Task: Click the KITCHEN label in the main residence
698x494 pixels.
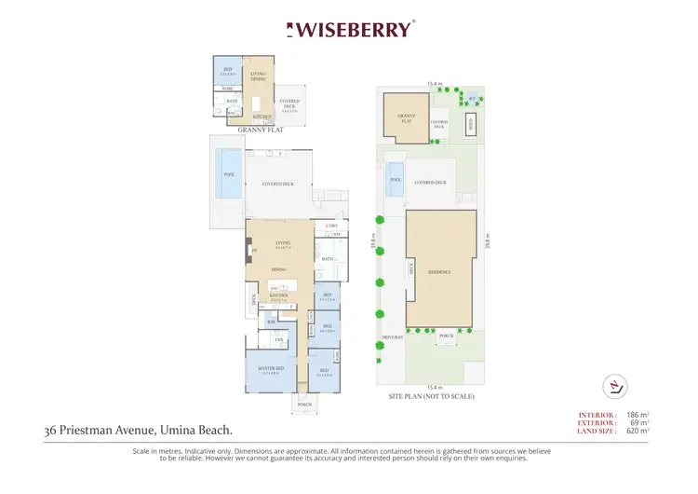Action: pos(279,294)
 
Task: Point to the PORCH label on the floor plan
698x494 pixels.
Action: pos(303,405)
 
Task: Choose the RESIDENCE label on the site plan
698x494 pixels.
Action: pos(439,271)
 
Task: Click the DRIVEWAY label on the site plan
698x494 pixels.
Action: pos(391,337)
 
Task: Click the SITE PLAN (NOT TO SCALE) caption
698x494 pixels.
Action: pos(431,397)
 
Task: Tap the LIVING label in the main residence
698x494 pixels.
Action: pos(283,245)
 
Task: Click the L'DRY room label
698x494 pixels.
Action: pos(331,226)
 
